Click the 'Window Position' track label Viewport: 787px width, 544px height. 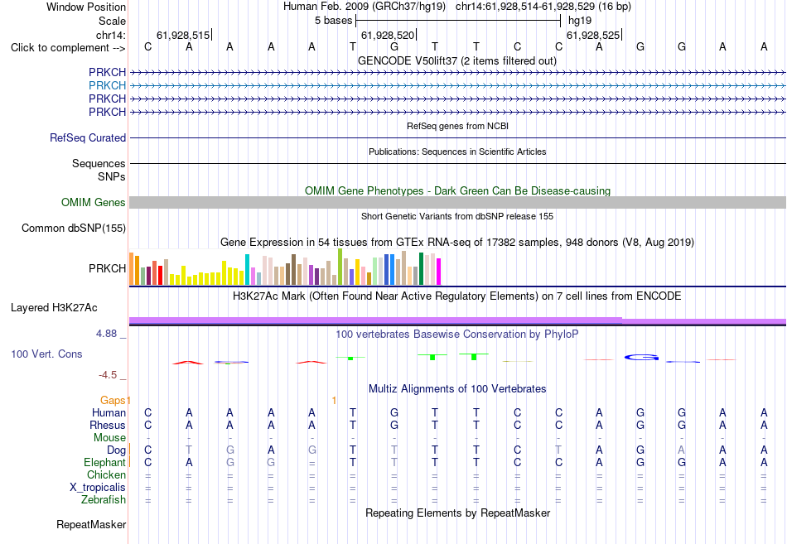86,7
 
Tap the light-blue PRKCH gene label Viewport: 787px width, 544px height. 107,85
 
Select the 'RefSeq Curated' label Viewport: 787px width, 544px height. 88,137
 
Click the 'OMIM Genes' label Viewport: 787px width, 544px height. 94,202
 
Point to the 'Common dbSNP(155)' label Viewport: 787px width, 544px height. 74,228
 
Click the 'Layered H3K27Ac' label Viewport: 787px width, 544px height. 54,308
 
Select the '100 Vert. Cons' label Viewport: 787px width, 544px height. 46,354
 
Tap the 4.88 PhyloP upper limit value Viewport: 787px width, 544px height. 106,333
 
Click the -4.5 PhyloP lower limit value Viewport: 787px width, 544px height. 108,375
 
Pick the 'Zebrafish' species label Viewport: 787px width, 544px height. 104,499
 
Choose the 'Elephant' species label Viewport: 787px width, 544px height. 105,462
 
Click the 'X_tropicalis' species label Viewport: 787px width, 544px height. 98,488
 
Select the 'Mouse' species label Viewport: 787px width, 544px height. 109,438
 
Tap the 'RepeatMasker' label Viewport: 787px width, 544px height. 91,524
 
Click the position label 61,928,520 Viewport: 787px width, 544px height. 388,35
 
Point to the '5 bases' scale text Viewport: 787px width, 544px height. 333,21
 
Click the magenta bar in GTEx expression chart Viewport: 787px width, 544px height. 439,272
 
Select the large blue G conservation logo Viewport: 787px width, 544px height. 641,358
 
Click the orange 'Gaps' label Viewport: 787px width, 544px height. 113,400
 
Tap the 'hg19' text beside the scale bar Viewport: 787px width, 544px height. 580,21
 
